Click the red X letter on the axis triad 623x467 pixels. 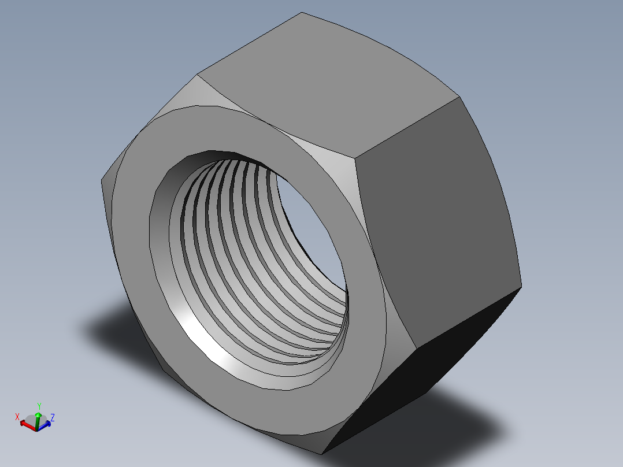pos(18,416)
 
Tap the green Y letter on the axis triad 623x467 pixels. pos(39,406)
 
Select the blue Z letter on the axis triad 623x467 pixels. pos(53,417)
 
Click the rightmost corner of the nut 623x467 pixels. pos(521,286)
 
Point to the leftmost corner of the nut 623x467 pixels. pos(102,180)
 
